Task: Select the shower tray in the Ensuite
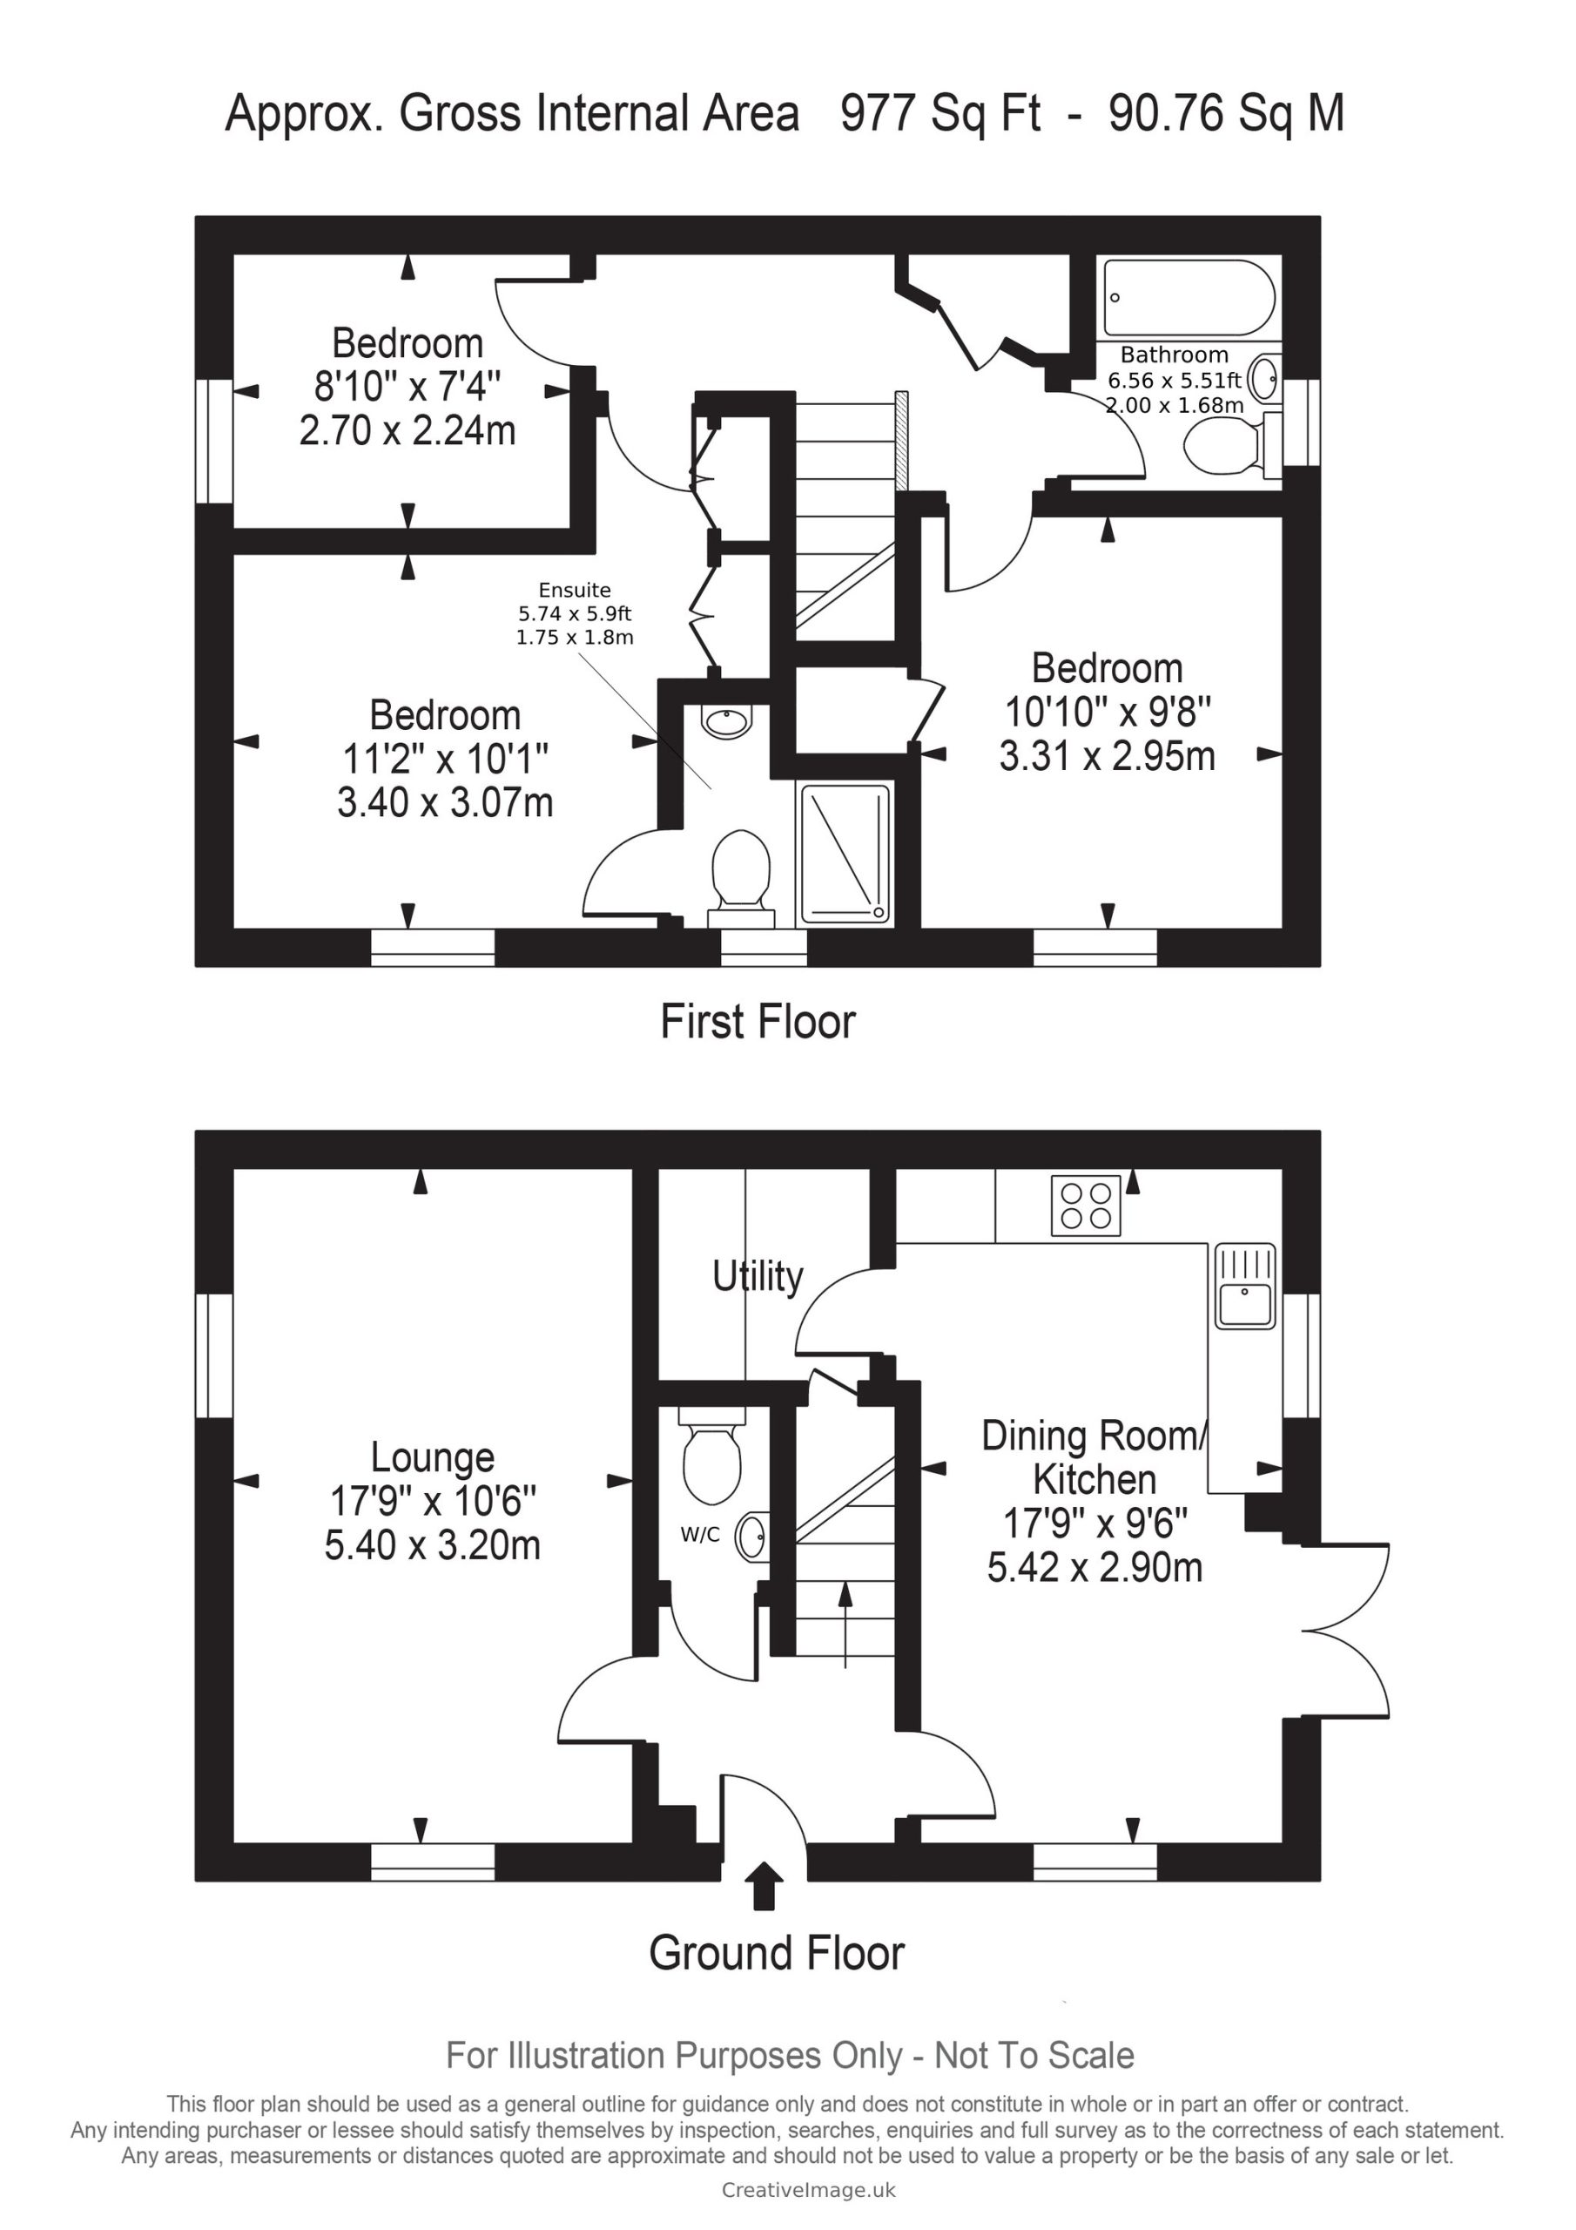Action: [x=844, y=854]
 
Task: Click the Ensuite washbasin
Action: [x=725, y=720]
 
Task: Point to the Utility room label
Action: [x=758, y=1276]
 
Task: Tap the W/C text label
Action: [x=700, y=1536]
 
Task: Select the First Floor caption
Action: [x=758, y=1022]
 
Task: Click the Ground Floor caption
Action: [x=777, y=1953]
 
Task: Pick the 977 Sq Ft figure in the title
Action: [x=941, y=113]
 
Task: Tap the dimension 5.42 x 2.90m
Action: [x=1094, y=1568]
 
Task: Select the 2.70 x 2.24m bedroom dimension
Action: [x=407, y=430]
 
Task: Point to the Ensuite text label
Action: [x=575, y=590]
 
